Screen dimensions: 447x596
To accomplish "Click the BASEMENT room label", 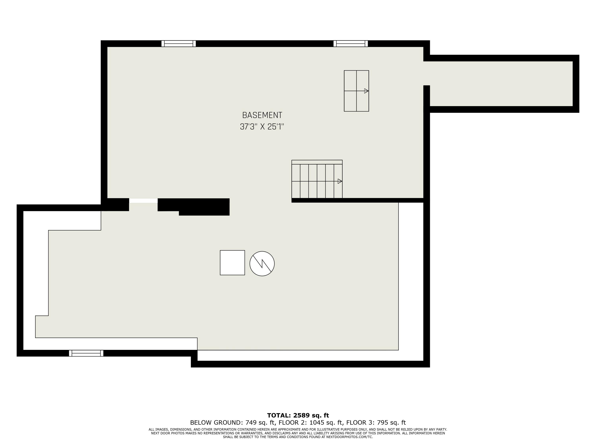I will tap(262, 115).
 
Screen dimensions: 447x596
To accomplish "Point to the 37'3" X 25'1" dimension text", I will tap(262, 127).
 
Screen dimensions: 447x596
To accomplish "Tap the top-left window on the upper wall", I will tap(179, 44).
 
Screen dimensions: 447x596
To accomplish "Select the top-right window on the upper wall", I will tap(350, 44).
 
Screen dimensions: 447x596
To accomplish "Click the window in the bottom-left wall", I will tap(86, 353).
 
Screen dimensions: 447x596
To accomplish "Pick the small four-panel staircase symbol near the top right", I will tap(356, 91).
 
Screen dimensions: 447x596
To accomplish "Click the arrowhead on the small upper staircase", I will tap(366, 91).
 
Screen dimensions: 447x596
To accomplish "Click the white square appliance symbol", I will tap(232, 263).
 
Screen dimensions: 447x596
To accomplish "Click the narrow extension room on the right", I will tap(501, 83).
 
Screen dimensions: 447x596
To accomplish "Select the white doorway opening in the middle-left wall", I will tap(143, 201).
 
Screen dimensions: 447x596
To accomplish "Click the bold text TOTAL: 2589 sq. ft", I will tap(298, 415).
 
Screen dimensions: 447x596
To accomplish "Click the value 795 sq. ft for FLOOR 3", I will tap(391, 423).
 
